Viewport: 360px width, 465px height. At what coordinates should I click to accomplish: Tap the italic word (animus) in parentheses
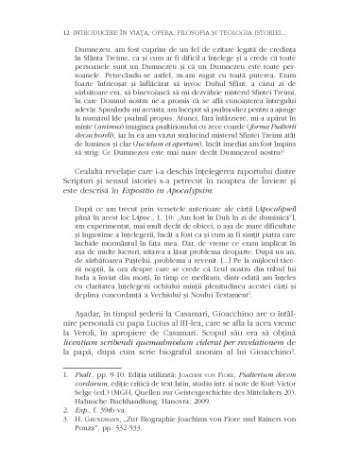pyautogui.click(x=103, y=127)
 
